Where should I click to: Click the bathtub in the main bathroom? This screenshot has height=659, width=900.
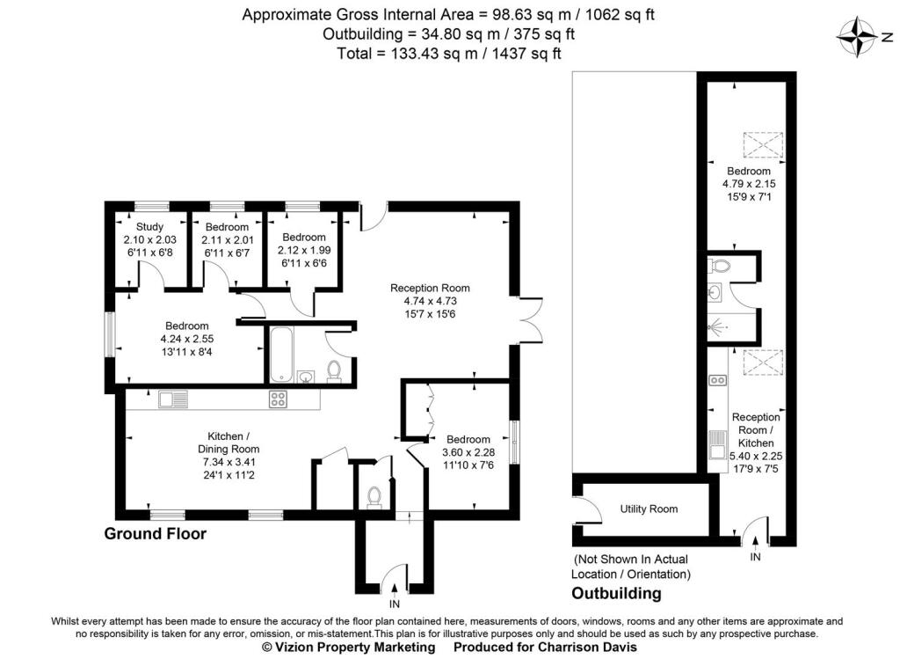[x=281, y=355]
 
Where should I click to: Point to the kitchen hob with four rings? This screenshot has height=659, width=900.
[x=279, y=399]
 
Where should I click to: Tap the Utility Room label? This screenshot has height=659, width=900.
[x=649, y=509]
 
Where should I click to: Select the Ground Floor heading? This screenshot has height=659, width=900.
[x=156, y=533]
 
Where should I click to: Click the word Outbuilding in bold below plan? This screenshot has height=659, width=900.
[x=616, y=593]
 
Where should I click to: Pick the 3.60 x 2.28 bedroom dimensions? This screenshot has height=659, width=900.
[x=468, y=453]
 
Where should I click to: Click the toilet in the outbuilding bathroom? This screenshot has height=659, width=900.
[x=720, y=264]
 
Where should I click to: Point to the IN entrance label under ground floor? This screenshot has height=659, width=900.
[x=395, y=604]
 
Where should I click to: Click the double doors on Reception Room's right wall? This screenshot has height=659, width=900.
[x=527, y=319]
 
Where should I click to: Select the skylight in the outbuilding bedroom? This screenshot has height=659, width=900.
[x=760, y=143]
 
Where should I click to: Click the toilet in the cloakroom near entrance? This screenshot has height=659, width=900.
[x=373, y=497]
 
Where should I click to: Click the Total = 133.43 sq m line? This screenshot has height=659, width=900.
[x=448, y=53]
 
